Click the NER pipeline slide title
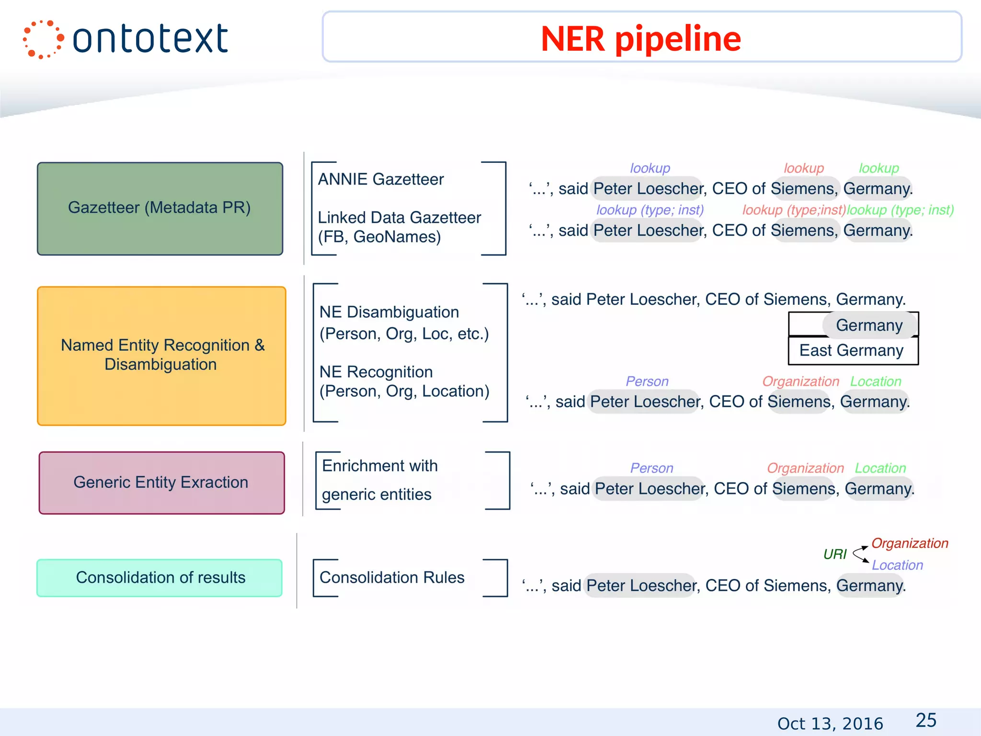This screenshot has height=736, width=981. pyautogui.click(x=641, y=38)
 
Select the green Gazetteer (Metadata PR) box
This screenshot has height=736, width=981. pyautogui.click(x=160, y=208)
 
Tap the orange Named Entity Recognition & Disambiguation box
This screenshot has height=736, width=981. pyautogui.click(x=161, y=355)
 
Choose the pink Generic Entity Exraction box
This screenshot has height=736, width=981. pyautogui.click(x=161, y=483)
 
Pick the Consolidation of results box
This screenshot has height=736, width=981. pyautogui.click(x=160, y=577)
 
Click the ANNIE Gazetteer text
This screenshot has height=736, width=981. pyautogui.click(x=381, y=179)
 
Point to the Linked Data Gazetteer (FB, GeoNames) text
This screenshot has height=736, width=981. pyautogui.click(x=399, y=227)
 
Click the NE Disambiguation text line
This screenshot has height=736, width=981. pyautogui.click(x=389, y=312)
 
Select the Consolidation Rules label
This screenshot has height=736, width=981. pyautogui.click(x=392, y=577)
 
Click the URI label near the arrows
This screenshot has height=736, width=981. pyautogui.click(x=834, y=554)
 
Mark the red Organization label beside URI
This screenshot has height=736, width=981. pyautogui.click(x=909, y=543)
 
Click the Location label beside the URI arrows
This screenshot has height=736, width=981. pyautogui.click(x=897, y=565)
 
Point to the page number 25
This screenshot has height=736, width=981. pyautogui.click(x=925, y=720)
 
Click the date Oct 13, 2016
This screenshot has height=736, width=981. pyautogui.click(x=830, y=723)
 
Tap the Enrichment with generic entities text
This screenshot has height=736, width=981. pyautogui.click(x=379, y=480)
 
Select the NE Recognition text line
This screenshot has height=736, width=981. pyautogui.click(x=376, y=372)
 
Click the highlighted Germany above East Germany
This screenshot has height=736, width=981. pyautogui.click(x=869, y=325)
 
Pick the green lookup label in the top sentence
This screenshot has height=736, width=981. pyautogui.click(x=878, y=168)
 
